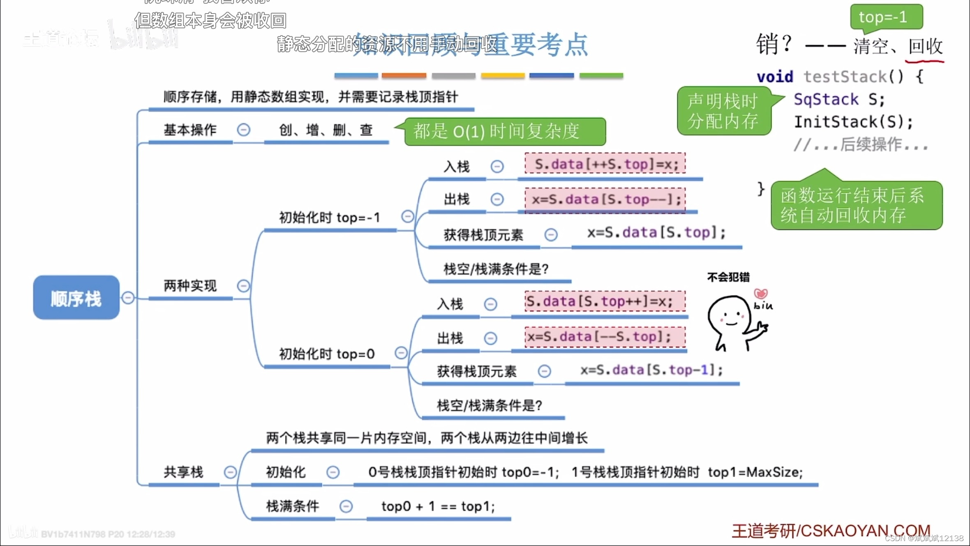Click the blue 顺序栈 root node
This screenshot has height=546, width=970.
click(76, 297)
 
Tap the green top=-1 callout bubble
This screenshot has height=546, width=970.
click(886, 17)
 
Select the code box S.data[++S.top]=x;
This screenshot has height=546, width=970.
click(605, 164)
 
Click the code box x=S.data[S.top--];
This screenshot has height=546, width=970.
click(605, 199)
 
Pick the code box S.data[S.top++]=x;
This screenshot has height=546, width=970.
click(605, 301)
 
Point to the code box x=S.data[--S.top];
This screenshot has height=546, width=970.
click(605, 337)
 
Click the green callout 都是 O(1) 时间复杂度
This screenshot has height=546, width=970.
click(505, 132)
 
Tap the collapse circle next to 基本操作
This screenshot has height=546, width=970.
click(243, 130)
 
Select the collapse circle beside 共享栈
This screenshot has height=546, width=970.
click(230, 472)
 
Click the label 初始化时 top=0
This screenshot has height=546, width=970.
click(327, 354)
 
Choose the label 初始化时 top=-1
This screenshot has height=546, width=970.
click(329, 217)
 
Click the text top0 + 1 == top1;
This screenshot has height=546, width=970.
click(438, 506)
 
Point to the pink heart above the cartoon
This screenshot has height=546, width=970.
click(760, 294)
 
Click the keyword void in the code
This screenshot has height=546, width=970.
click(775, 77)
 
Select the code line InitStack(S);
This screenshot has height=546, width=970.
click(853, 122)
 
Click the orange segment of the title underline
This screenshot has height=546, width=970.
click(404, 76)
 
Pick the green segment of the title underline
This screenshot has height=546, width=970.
click(601, 76)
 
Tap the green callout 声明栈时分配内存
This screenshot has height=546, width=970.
click(723, 111)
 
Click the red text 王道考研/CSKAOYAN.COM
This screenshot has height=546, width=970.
click(830, 531)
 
